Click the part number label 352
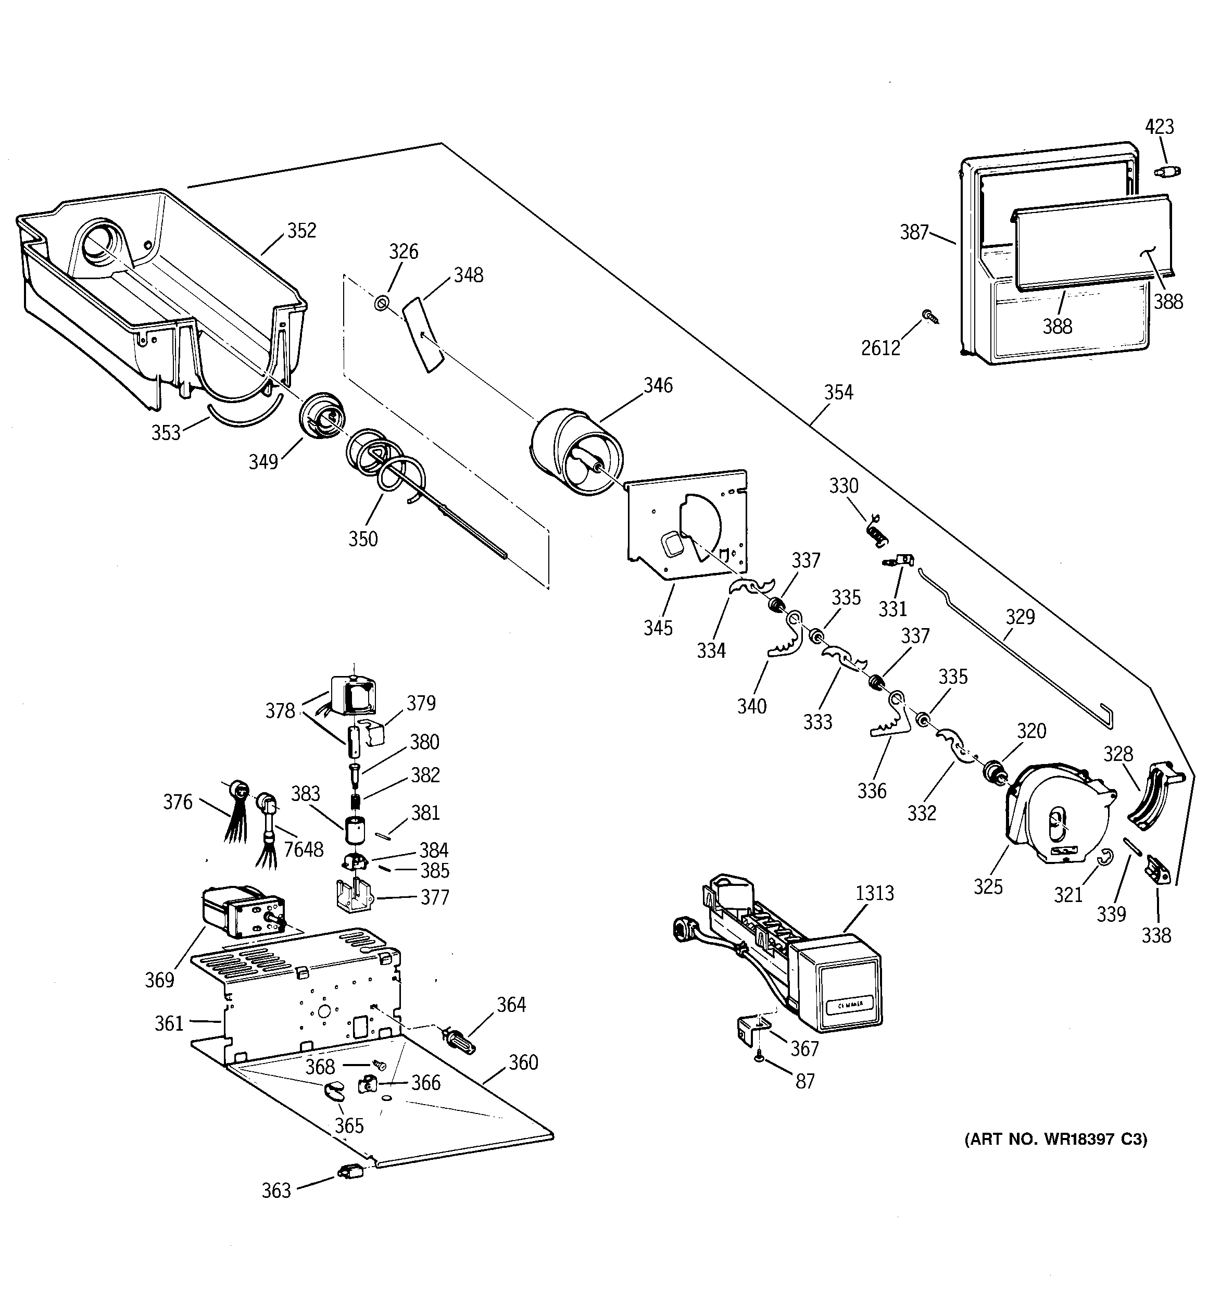click(x=301, y=231)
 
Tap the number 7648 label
click(x=304, y=849)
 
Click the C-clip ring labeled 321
click(x=1105, y=858)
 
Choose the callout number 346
click(x=658, y=385)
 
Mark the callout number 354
click(x=838, y=392)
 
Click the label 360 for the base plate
click(x=523, y=1062)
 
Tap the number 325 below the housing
click(x=988, y=886)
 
